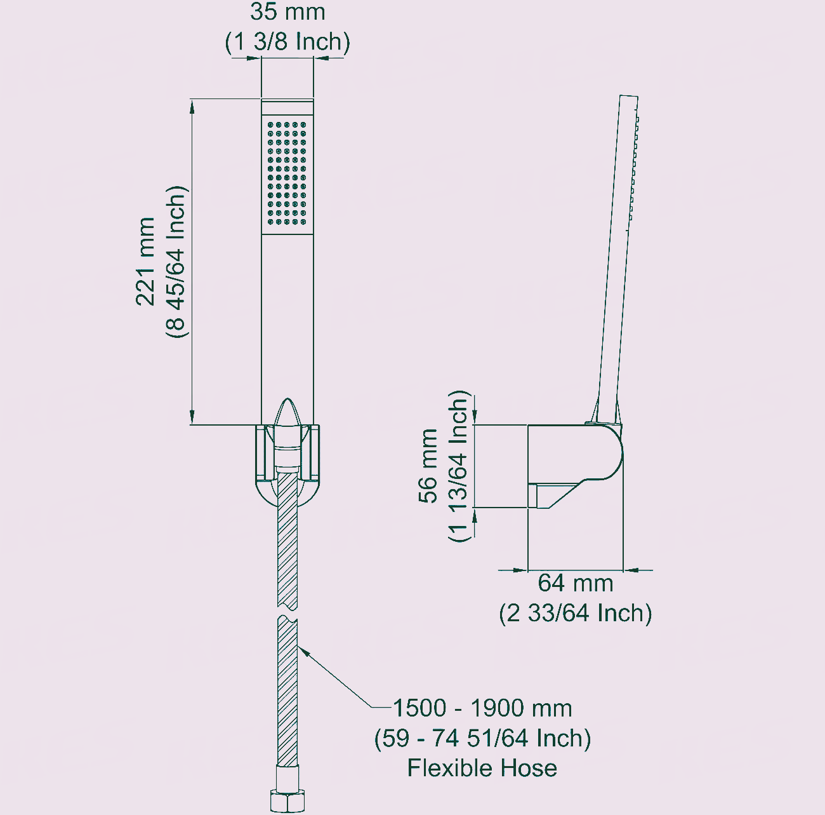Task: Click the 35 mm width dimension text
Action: coord(287,12)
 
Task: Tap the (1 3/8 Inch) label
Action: coord(287,42)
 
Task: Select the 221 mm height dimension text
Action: coord(145,262)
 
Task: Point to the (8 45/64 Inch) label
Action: coord(176,262)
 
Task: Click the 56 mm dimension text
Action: coord(428,466)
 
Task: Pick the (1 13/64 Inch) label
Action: coord(459,466)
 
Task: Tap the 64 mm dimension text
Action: coord(576,584)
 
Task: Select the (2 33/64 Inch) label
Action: coord(576,613)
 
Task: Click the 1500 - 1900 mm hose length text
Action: coord(482,708)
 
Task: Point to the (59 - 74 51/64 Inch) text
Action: coord(482,738)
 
